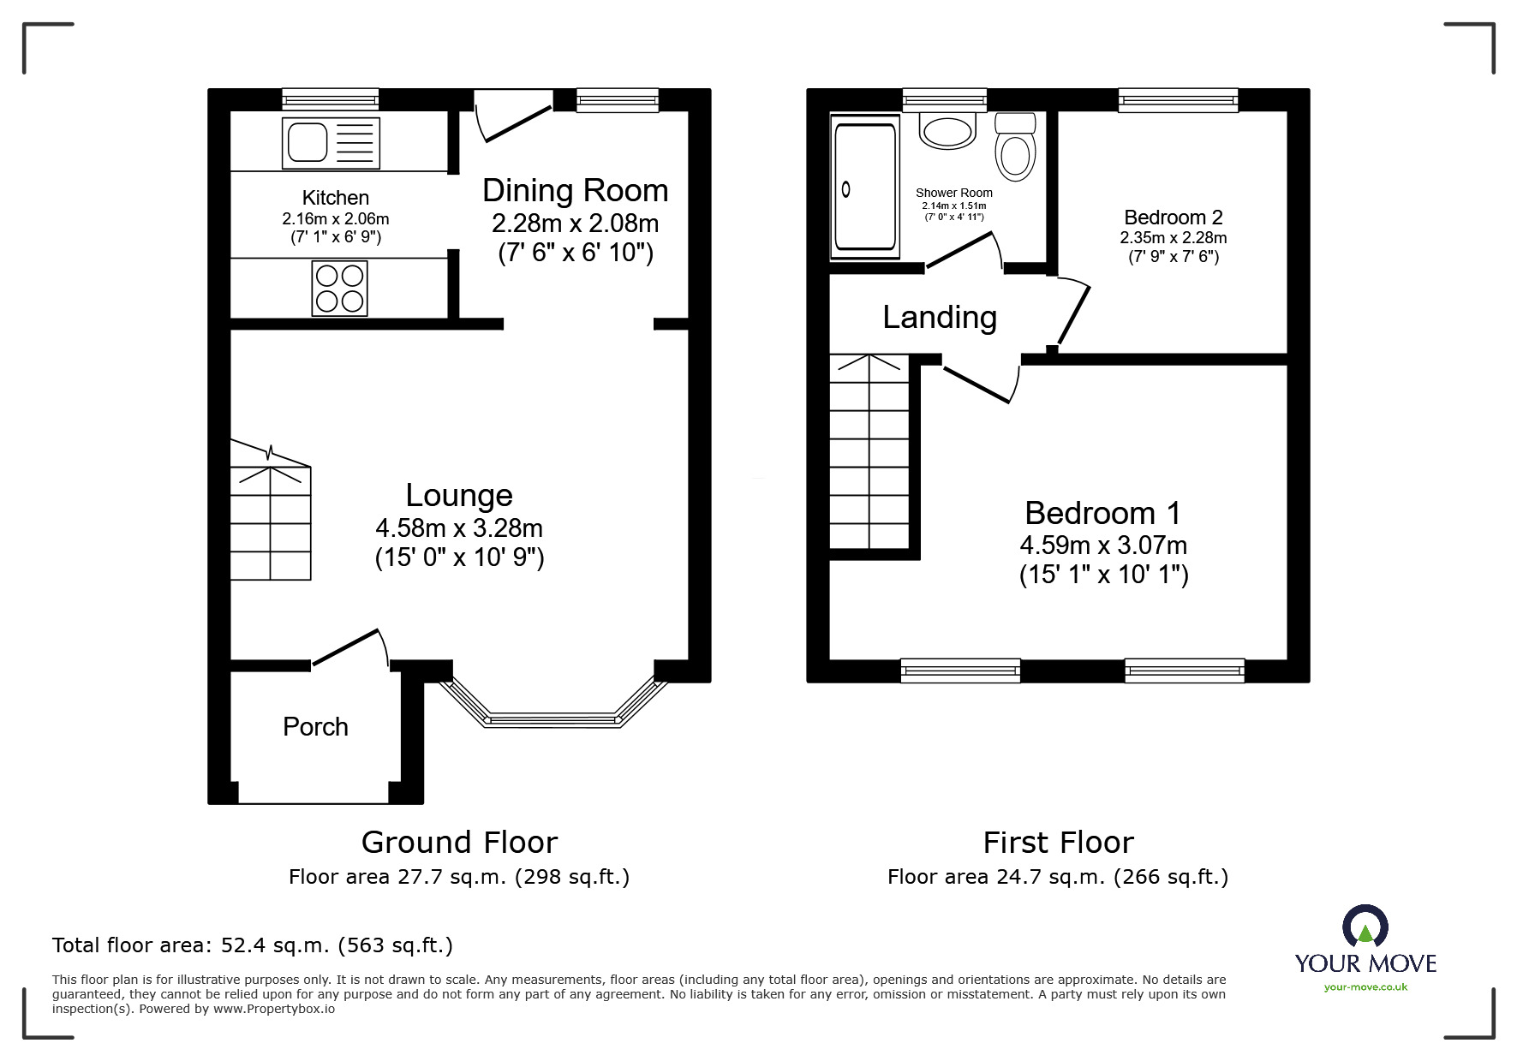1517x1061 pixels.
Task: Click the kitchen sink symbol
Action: pos(331,143)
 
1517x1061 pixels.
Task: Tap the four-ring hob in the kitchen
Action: pos(339,289)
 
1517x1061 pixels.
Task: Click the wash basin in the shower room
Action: pos(947,130)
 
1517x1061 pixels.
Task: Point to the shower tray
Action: pos(865,187)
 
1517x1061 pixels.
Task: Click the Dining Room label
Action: pos(575,190)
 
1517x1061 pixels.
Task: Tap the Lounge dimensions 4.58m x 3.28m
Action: pos(459,528)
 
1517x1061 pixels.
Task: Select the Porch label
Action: pos(315,727)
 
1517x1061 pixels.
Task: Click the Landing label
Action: pos(940,317)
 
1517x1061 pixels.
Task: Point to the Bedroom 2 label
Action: pos(1173,218)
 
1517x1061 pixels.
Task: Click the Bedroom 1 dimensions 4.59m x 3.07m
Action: pos(1103,545)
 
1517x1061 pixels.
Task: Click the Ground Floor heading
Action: pos(459,843)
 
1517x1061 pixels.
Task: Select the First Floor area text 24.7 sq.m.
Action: pos(1057,877)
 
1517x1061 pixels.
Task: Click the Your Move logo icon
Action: pos(1365,927)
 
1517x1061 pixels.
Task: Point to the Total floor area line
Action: pos(253,945)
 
